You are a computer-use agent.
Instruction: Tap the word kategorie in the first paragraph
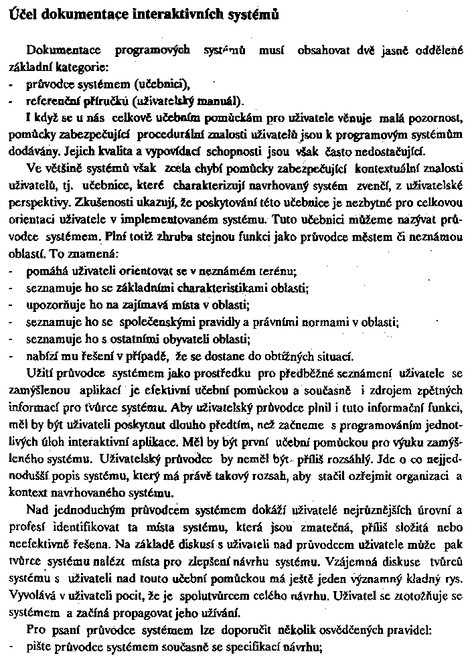(x=86, y=67)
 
